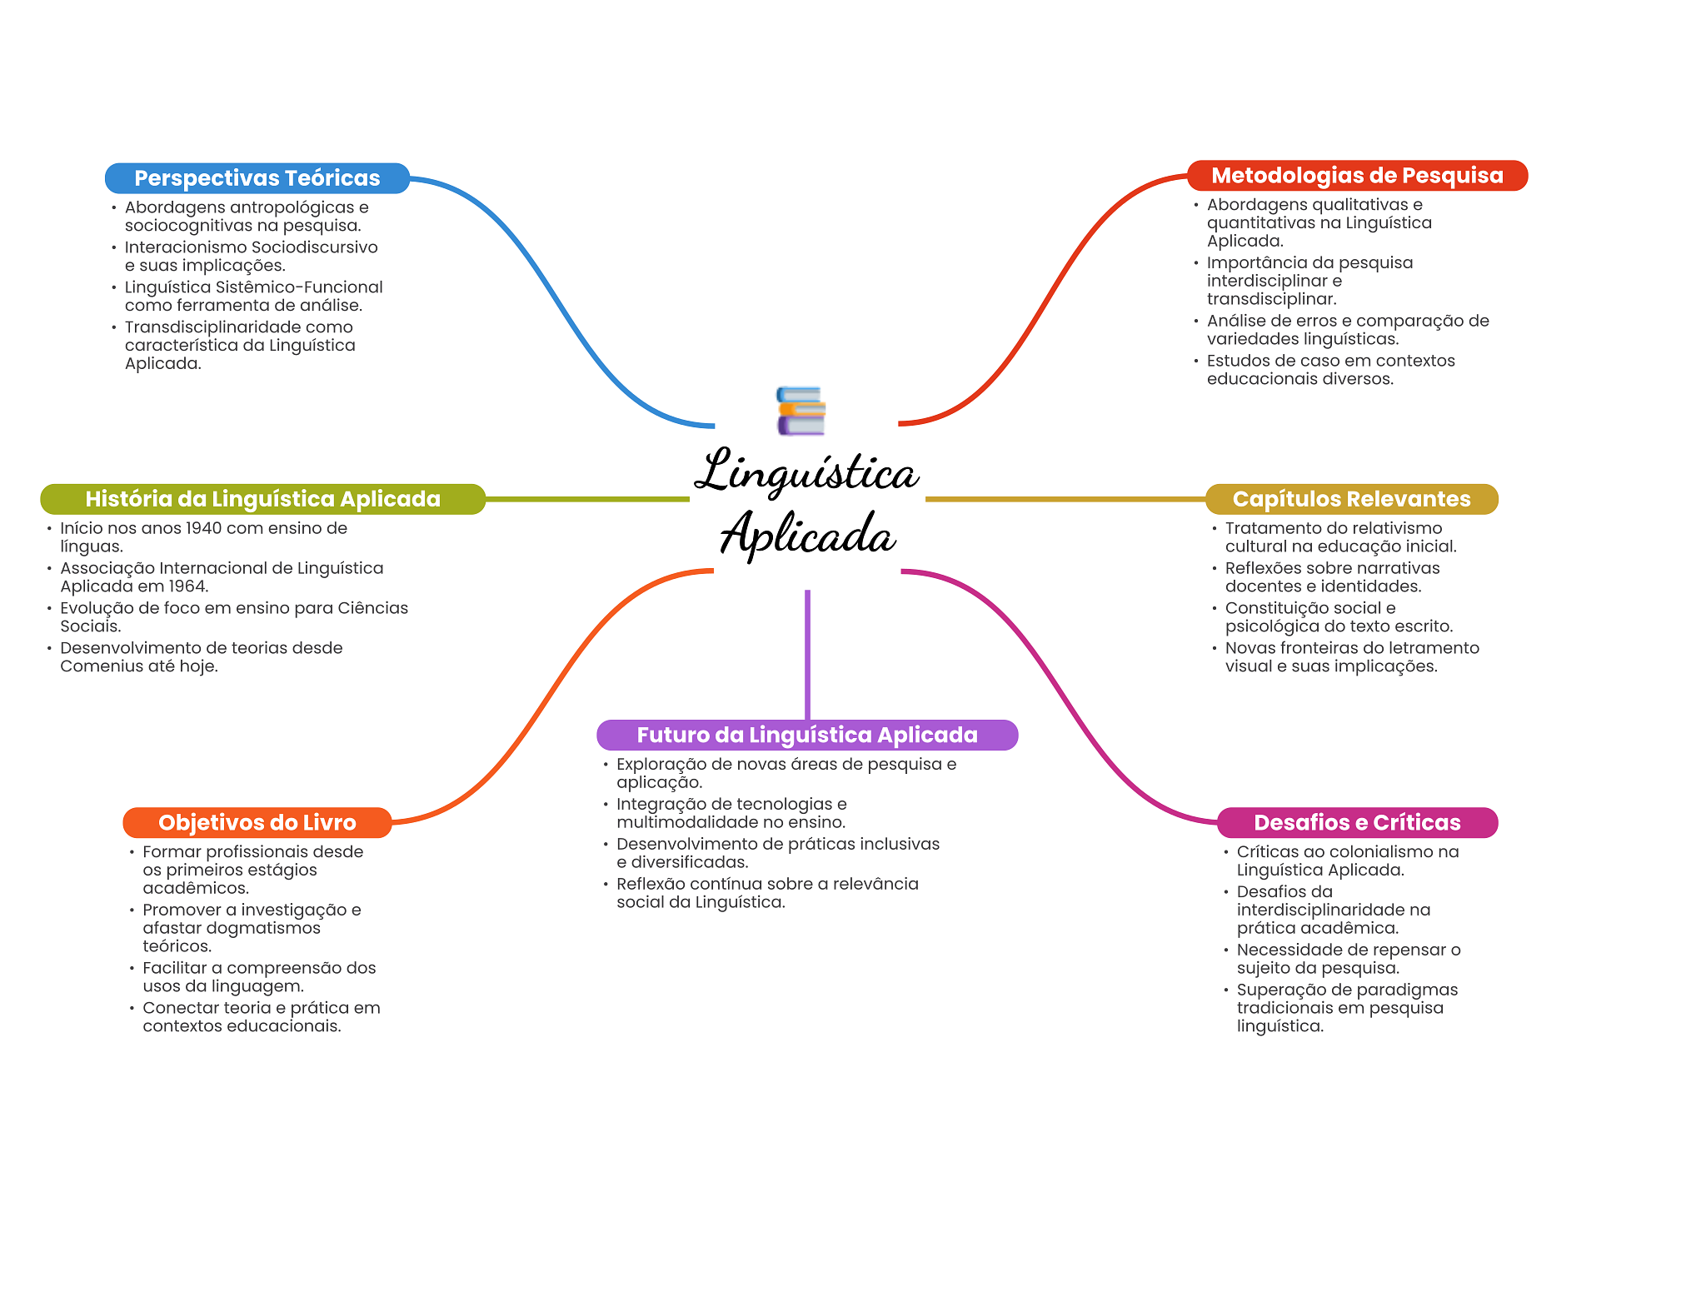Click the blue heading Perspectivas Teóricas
(257, 178)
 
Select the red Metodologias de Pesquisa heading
(1357, 176)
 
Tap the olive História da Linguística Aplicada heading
(262, 499)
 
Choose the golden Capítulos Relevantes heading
(1351, 499)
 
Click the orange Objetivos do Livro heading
(257, 823)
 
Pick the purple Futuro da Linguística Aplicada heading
(807, 735)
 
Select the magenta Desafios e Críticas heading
(1357, 823)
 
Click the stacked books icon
(801, 411)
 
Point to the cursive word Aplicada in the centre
(808, 533)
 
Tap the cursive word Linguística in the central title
(807, 471)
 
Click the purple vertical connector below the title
(807, 655)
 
